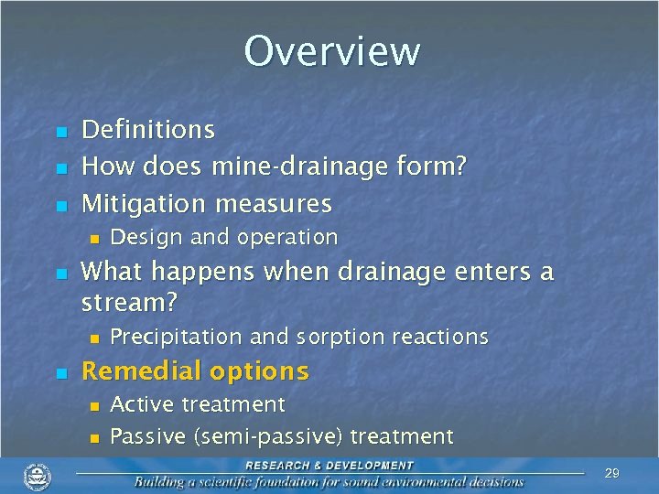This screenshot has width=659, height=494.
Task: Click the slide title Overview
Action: coord(331,51)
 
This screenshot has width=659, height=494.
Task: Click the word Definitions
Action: coord(148,130)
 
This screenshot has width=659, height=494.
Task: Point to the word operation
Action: coord(287,238)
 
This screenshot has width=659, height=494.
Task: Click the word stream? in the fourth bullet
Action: coord(129,301)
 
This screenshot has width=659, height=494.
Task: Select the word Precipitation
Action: coord(177,337)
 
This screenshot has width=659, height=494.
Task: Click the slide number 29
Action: coord(612,473)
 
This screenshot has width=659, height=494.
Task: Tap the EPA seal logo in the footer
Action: coord(38,476)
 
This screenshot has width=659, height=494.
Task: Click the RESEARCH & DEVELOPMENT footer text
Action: coord(329,465)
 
